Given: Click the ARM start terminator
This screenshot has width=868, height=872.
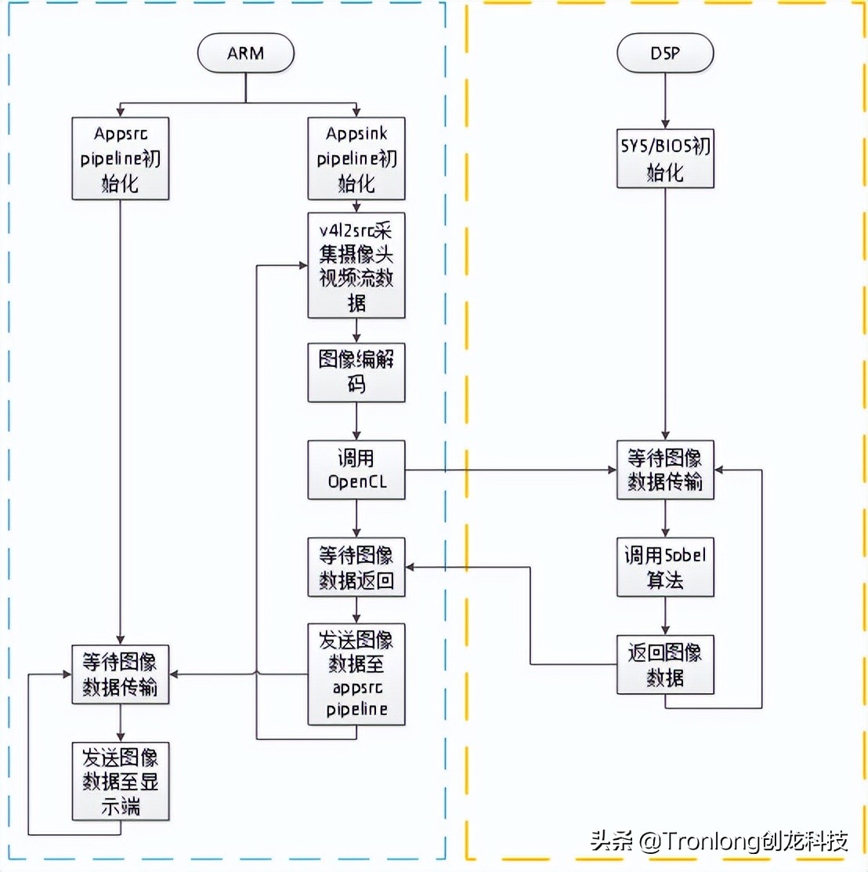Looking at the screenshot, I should [x=246, y=54].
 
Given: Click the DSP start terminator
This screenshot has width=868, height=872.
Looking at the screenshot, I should [x=665, y=54].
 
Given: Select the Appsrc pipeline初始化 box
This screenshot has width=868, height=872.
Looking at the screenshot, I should [x=121, y=158].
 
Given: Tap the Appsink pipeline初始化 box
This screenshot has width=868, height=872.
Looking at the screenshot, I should [x=356, y=158].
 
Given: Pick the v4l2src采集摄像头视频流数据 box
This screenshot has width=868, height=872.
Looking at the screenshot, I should [x=356, y=265].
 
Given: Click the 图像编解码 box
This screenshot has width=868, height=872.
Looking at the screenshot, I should [x=356, y=372].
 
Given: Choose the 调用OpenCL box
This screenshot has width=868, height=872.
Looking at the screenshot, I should [x=356, y=470].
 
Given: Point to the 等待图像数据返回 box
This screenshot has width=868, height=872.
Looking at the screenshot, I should [x=356, y=567].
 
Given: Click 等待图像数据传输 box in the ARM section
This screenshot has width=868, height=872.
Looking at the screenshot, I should [x=121, y=674].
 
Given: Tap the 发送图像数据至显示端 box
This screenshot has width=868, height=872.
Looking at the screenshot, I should [x=121, y=781].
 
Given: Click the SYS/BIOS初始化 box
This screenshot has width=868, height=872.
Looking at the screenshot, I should [x=665, y=158].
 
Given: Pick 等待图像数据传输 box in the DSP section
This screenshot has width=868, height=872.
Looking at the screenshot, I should [x=665, y=470].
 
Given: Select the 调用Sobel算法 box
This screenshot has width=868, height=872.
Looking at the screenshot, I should [x=665, y=567].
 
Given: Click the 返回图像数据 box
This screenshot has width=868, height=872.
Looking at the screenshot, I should [x=665, y=664].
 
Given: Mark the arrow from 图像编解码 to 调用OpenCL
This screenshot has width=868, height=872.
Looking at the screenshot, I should [x=356, y=421].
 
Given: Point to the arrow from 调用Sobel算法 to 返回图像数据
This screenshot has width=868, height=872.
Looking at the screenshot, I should [x=665, y=616].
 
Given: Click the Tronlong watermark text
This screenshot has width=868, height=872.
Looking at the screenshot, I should [x=719, y=842].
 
